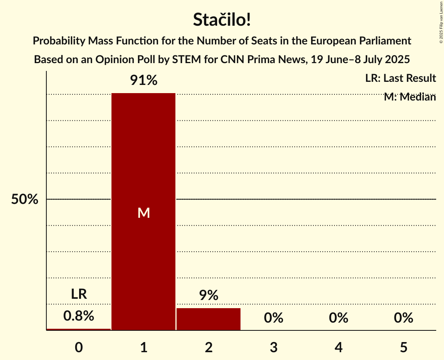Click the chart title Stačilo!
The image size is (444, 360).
[x=222, y=20]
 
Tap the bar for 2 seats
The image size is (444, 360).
[x=209, y=319]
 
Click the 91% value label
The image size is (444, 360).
[x=143, y=81]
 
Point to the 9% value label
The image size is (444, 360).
[x=209, y=295]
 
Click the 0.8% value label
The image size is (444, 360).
[x=79, y=316]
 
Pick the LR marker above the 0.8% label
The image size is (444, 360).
[x=79, y=294]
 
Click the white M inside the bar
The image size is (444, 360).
[x=143, y=213]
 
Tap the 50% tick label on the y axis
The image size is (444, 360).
[x=25, y=199]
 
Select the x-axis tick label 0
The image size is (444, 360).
[x=79, y=347]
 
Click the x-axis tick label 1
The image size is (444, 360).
[x=143, y=347]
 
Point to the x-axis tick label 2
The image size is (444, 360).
[x=209, y=347]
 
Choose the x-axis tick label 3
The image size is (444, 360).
[x=274, y=347]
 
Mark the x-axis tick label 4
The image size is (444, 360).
[x=338, y=347]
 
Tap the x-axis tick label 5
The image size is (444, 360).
[x=403, y=347]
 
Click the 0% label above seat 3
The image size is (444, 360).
[x=274, y=318]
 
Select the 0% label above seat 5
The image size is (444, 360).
[x=403, y=318]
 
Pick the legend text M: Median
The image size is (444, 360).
[x=410, y=97]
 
